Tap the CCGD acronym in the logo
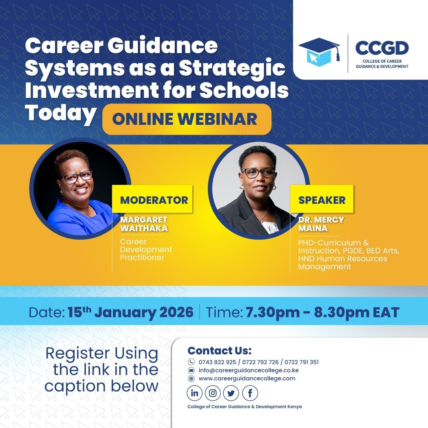[x=382, y=48]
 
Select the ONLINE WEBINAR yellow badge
[x=187, y=119]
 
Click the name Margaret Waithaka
[x=144, y=224]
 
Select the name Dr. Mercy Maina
[x=321, y=224]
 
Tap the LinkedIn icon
[x=195, y=393]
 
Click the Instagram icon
[x=213, y=393]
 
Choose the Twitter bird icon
[x=231, y=393]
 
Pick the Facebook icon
[x=250, y=393]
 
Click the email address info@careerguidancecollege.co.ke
[x=248, y=370]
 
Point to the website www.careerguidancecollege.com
[x=247, y=378]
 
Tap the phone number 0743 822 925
[x=217, y=362]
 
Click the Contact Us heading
[x=220, y=350]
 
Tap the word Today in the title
[x=61, y=113]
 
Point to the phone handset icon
[x=191, y=362]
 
